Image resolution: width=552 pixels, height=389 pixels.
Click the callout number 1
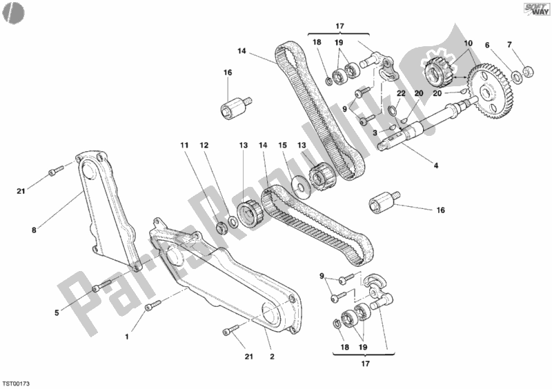[x=126, y=337]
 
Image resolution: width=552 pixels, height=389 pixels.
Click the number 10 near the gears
[x=469, y=44]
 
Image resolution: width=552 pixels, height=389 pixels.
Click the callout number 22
[x=400, y=94]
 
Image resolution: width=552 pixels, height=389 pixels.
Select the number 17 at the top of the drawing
[x=339, y=27]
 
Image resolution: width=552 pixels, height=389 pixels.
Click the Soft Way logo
[x=528, y=10]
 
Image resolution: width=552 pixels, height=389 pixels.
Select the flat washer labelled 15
[x=299, y=187]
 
